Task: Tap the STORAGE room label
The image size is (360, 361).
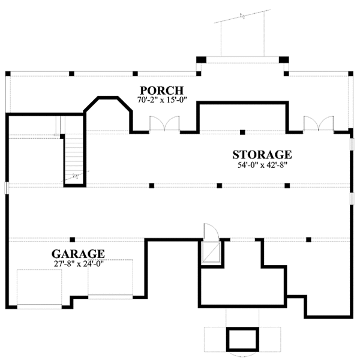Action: click(x=262, y=155)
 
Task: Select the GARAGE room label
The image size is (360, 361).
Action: click(x=78, y=254)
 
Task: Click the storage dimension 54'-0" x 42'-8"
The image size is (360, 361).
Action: click(x=262, y=166)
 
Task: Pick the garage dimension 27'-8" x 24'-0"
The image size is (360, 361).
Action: click(x=78, y=263)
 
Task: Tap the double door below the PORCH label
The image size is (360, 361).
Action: click(x=164, y=124)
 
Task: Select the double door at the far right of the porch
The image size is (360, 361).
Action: click(x=317, y=124)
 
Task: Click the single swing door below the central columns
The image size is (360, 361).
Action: click(x=212, y=233)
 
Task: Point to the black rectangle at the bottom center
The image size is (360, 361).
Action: click(x=241, y=339)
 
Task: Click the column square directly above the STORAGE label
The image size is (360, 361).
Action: click(x=242, y=132)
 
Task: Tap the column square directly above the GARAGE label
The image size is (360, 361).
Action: click(x=72, y=239)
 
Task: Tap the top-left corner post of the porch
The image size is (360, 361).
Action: click(x=8, y=74)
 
